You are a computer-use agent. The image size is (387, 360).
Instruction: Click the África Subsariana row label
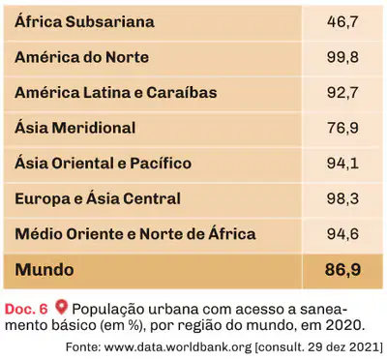(x=84, y=21)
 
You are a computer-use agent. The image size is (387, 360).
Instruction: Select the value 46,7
(x=342, y=22)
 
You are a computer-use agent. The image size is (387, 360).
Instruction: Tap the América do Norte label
(x=82, y=57)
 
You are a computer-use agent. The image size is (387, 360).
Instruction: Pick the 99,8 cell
(x=342, y=57)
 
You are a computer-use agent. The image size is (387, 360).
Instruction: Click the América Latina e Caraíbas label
(x=116, y=92)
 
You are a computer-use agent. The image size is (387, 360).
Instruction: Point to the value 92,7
(x=342, y=93)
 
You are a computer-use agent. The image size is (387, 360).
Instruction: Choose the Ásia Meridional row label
(x=75, y=128)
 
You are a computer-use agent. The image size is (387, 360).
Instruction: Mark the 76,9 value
(x=342, y=128)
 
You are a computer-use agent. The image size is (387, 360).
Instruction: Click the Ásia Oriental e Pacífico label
(x=104, y=163)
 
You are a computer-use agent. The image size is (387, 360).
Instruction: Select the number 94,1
(x=342, y=164)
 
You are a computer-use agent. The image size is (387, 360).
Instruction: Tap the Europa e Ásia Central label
(x=98, y=198)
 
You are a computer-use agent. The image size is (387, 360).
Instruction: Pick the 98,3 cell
(x=342, y=198)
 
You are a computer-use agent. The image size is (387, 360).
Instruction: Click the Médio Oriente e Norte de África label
(x=135, y=233)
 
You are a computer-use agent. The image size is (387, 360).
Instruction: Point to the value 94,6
(x=342, y=234)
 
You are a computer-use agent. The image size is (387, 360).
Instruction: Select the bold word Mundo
(x=45, y=270)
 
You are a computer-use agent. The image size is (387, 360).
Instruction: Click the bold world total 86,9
(x=342, y=270)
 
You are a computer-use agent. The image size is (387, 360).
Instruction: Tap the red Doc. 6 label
(x=26, y=309)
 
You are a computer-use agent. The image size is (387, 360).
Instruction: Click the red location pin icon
(x=61, y=307)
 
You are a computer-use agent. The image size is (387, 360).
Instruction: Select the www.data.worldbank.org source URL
(x=178, y=347)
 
